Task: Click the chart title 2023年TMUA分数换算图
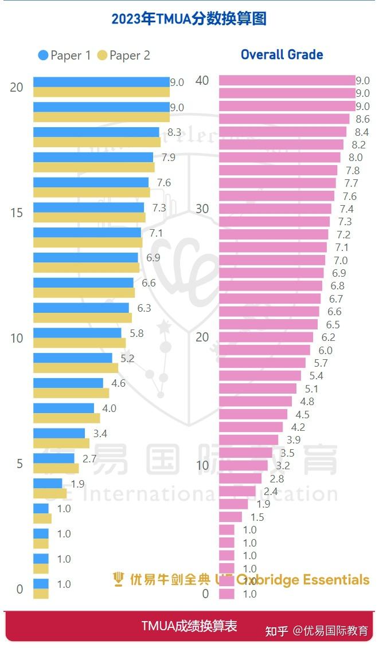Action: (189, 19)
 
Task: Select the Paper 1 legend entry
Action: (64, 56)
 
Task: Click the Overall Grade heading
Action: (282, 55)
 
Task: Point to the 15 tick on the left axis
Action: (17, 213)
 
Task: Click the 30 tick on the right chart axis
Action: (202, 209)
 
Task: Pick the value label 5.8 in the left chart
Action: (136, 333)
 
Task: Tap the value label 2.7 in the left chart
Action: (89, 458)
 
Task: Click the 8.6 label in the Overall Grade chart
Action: (362, 119)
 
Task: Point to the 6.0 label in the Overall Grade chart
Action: (325, 350)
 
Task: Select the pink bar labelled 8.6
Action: (284, 119)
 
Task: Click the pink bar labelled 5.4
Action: (260, 376)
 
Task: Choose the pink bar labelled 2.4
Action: (237, 491)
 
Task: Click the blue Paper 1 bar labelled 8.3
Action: (96, 132)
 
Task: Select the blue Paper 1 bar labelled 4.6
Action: (68, 383)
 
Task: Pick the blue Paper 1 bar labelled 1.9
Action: (48, 483)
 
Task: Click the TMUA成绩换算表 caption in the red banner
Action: (189, 626)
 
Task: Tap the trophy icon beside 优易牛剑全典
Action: (119, 579)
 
